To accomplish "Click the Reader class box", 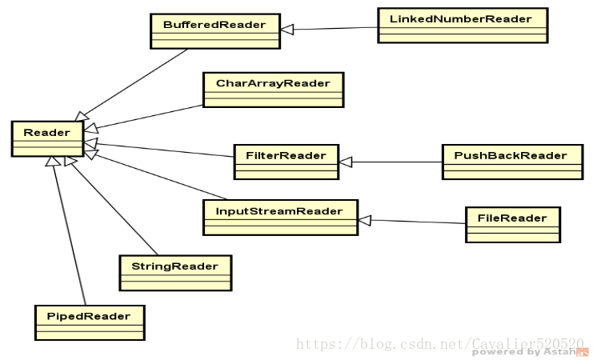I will (x=46, y=138).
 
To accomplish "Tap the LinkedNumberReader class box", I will (x=463, y=24).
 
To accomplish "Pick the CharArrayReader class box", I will (x=273, y=89).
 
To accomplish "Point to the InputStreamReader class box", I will (x=279, y=217).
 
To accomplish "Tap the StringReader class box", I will (x=174, y=272).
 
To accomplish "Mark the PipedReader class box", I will (x=90, y=322).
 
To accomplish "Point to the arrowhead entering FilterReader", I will (x=344, y=162).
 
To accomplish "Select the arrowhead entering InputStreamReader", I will (x=364, y=218).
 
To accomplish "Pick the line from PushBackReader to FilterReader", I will (x=396, y=162).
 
